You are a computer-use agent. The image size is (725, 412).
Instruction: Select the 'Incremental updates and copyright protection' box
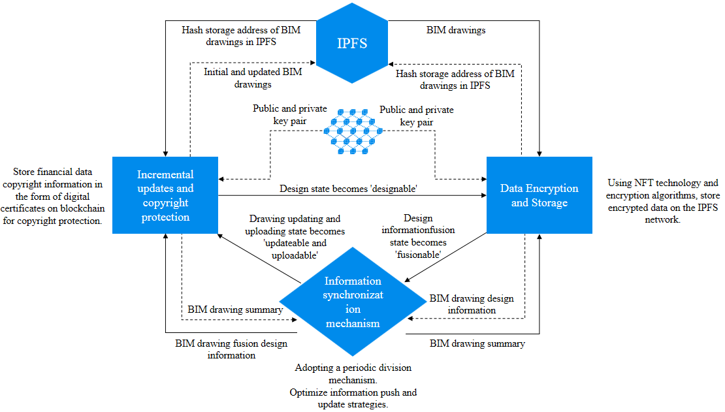click(165, 195)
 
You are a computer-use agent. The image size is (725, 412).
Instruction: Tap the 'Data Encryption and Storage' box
click(540, 195)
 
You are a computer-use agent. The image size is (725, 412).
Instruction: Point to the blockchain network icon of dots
click(353, 131)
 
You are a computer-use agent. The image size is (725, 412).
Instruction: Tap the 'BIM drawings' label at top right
click(456, 30)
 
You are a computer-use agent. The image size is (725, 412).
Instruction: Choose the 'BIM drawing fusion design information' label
click(231, 349)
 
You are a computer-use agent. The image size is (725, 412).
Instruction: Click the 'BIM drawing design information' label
click(472, 304)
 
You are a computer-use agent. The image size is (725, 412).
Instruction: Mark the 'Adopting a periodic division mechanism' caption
click(353, 373)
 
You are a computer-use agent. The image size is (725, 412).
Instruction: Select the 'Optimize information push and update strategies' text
click(353, 398)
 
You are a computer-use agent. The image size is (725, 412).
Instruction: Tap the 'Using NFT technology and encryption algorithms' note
click(662, 201)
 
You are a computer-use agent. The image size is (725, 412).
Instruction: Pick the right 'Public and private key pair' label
click(417, 116)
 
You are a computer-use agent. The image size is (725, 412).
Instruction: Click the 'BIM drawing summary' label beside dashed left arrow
click(235, 309)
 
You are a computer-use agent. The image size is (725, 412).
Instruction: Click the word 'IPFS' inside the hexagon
click(352, 44)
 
